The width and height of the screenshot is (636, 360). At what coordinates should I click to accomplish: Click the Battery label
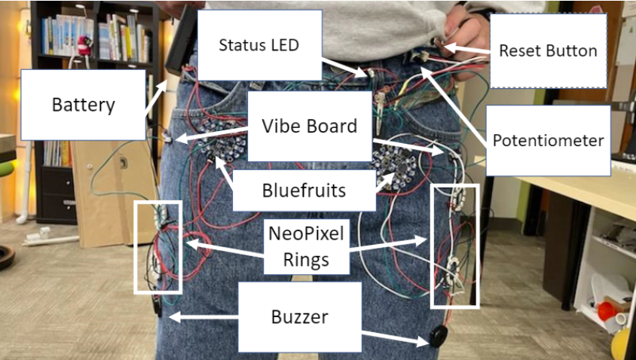[83, 104]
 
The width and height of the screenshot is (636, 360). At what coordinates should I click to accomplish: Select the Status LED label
[258, 44]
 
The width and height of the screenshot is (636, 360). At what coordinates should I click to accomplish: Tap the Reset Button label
[548, 51]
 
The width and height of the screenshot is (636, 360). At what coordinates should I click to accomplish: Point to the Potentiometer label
[548, 140]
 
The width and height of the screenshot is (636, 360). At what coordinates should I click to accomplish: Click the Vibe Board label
[309, 125]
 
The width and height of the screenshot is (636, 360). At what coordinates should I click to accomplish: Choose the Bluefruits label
[304, 190]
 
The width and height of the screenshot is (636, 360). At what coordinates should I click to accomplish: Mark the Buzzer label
[299, 317]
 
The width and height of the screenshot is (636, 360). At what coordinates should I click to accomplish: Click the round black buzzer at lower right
[436, 337]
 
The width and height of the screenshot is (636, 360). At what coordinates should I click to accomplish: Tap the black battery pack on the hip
[179, 45]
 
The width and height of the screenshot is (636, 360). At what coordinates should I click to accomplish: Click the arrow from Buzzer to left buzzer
[203, 317]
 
